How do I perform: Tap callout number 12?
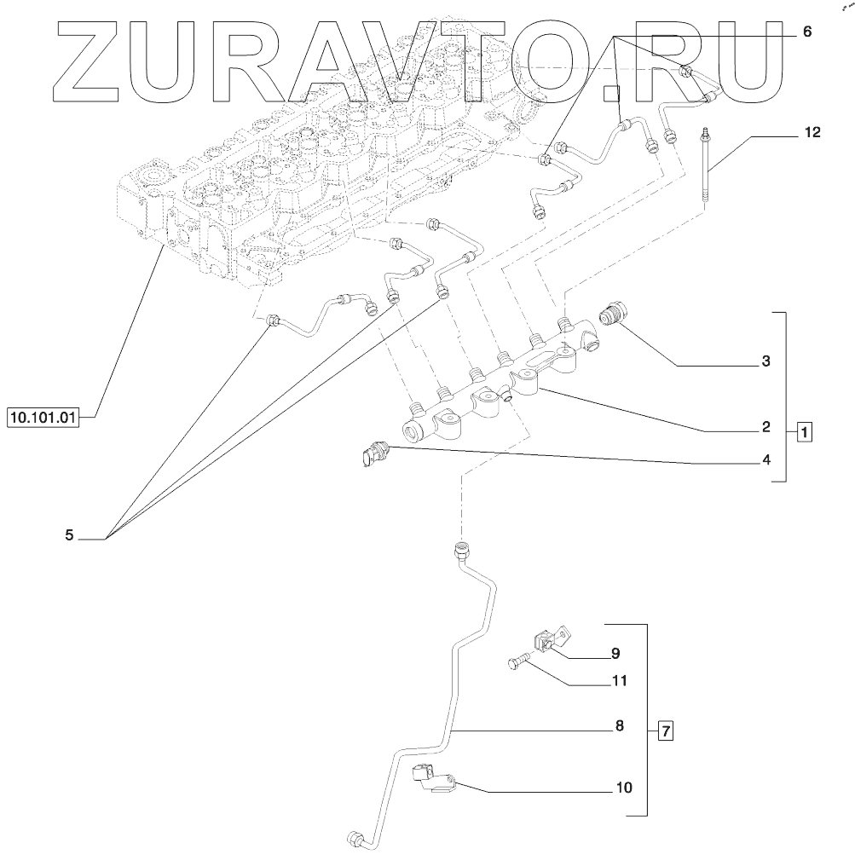(x=812, y=133)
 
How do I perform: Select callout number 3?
(x=765, y=361)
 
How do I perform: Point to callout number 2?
(x=765, y=426)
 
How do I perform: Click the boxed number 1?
(x=805, y=432)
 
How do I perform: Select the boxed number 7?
(x=667, y=730)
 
